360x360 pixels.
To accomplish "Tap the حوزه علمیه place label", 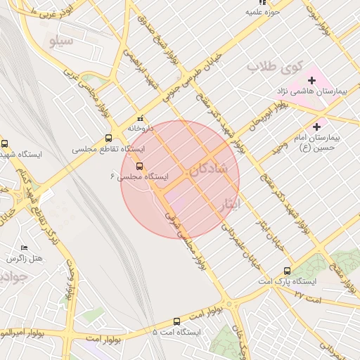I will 263,12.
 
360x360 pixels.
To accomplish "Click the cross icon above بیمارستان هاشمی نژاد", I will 311,81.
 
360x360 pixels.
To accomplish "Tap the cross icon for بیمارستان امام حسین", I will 316,127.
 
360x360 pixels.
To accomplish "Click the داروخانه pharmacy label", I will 140,129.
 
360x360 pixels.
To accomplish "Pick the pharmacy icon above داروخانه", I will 140,119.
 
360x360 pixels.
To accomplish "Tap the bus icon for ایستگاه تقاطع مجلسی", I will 108,139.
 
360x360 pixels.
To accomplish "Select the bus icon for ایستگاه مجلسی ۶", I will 139,167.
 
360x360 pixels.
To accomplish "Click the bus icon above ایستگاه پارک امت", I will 287,271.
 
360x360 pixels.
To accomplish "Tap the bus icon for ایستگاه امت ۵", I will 155,330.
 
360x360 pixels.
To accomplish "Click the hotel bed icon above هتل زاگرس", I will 25,247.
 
